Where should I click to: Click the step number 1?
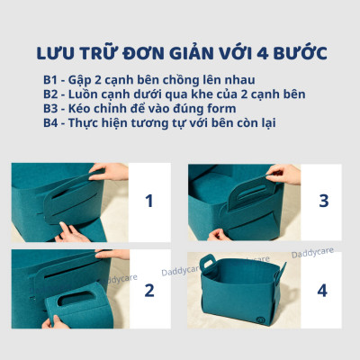(x=148, y=201)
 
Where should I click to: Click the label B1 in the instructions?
(x=52, y=80)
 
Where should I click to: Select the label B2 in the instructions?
(x=52, y=95)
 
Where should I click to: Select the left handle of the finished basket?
(x=207, y=265)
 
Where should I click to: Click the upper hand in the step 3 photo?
(x=284, y=173)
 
